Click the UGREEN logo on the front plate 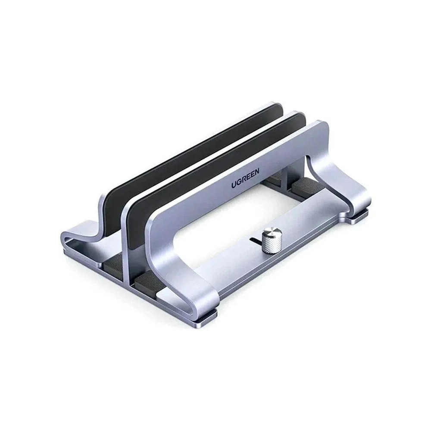(x=245, y=179)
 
